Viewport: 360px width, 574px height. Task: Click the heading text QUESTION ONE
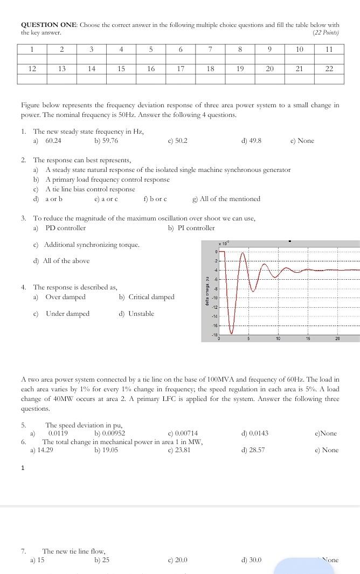[49, 25]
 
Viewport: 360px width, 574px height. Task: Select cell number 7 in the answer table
[210, 49]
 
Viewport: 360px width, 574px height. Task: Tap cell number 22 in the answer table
[329, 69]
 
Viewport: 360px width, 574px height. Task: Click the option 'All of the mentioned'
[230, 199]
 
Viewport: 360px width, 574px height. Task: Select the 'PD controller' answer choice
[65, 228]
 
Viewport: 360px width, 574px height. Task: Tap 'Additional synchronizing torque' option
[92, 245]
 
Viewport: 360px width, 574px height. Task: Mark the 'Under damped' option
[67, 314]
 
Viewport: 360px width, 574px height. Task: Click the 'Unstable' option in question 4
[141, 314]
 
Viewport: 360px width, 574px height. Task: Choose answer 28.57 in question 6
[257, 450]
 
